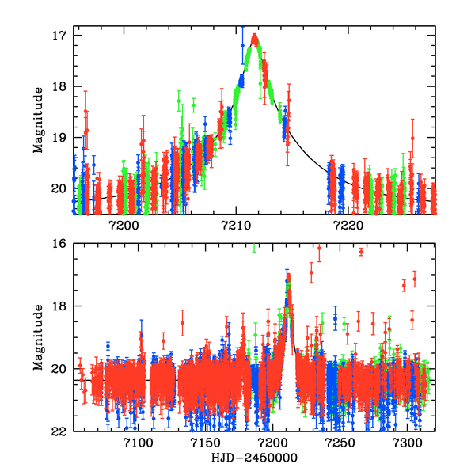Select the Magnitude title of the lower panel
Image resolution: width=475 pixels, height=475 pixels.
point(37,337)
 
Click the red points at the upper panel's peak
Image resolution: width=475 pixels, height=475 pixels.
point(254,37)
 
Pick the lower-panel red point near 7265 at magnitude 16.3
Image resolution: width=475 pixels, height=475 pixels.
point(361,252)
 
